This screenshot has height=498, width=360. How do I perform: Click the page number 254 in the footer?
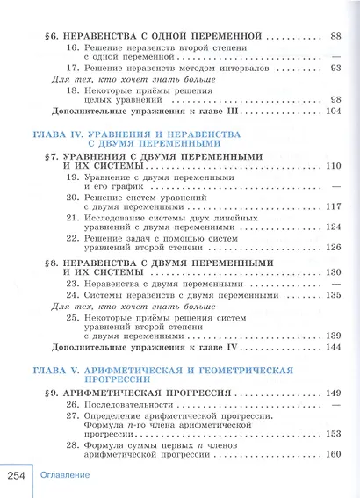(17, 475)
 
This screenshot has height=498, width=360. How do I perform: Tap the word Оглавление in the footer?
(65, 476)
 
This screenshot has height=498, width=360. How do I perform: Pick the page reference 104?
(333, 113)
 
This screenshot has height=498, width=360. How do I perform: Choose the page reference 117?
(333, 207)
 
